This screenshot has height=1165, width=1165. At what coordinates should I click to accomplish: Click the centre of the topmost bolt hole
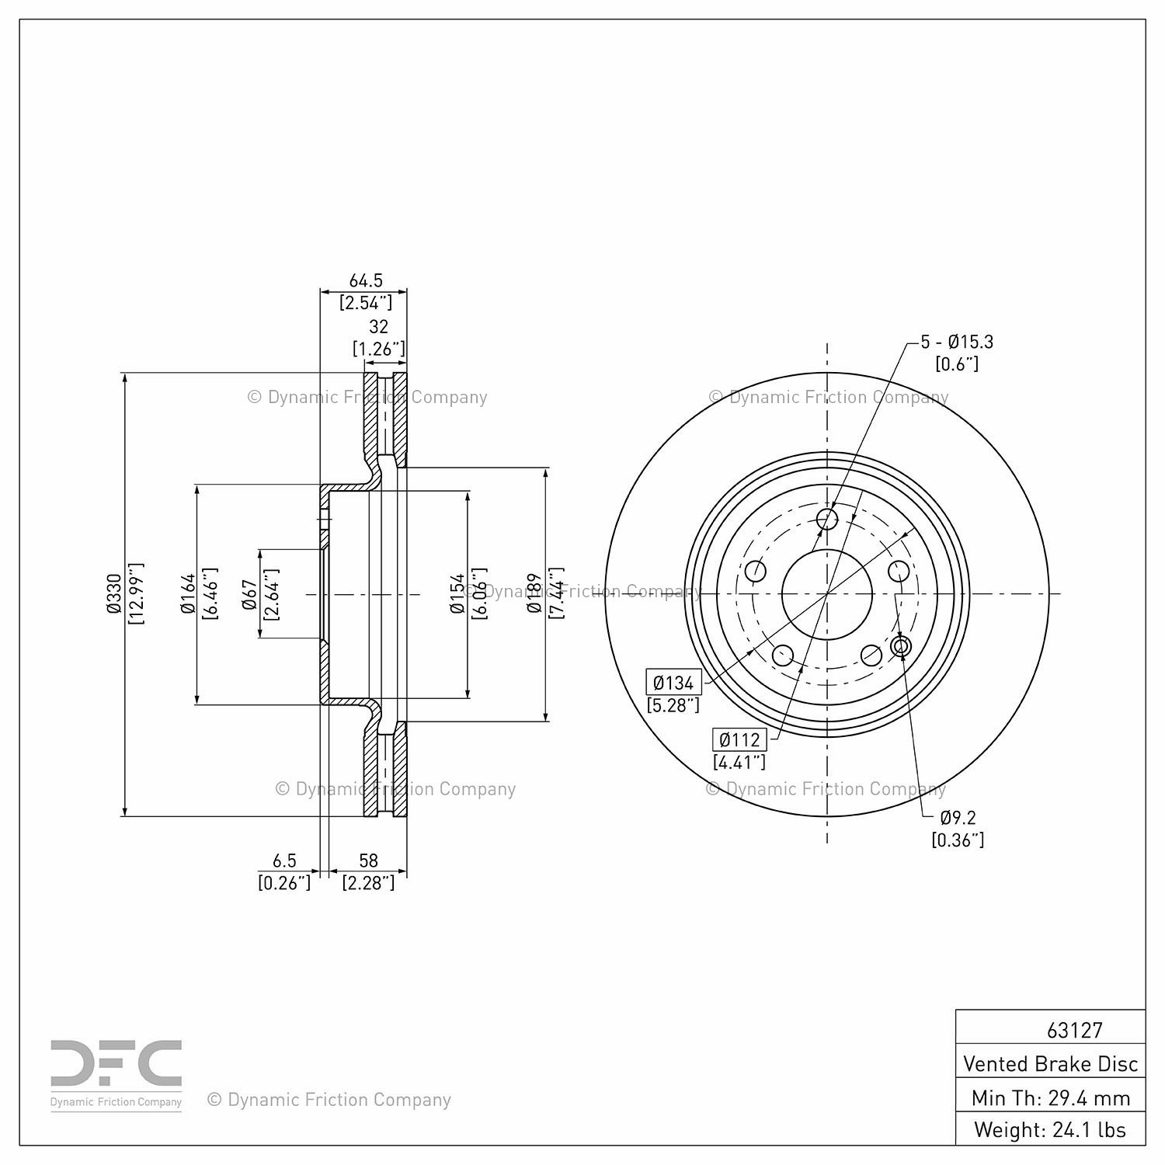point(827,519)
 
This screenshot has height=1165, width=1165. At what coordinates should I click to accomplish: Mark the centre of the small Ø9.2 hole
point(902,646)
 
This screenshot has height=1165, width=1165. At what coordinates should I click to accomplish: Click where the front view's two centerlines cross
point(827,594)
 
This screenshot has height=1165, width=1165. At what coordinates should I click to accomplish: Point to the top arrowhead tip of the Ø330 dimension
point(124,373)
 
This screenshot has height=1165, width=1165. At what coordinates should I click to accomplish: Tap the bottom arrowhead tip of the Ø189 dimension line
point(547,722)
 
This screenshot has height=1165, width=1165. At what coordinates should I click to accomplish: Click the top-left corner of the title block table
point(955,1010)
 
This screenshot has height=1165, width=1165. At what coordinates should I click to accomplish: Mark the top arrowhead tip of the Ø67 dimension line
point(261,550)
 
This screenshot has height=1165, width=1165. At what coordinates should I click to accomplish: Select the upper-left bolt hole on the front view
point(756,572)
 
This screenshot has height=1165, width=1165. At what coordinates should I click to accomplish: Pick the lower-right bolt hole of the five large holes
point(872,655)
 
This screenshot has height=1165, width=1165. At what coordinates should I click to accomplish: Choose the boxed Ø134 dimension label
point(673,683)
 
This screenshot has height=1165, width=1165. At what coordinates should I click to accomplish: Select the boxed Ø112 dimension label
point(739,739)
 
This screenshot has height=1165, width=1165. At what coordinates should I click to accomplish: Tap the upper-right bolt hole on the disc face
point(899,572)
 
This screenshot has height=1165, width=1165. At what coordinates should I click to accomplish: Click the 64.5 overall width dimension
point(366,280)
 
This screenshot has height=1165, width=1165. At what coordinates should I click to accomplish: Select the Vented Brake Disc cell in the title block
point(1050,1063)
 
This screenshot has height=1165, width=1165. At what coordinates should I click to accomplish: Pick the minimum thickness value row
point(1050,1097)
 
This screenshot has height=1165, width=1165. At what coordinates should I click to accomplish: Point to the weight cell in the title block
point(1050,1129)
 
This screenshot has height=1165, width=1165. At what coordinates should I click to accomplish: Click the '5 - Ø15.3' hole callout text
point(957,341)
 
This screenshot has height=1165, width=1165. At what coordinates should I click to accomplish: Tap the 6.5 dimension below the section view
point(284,861)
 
